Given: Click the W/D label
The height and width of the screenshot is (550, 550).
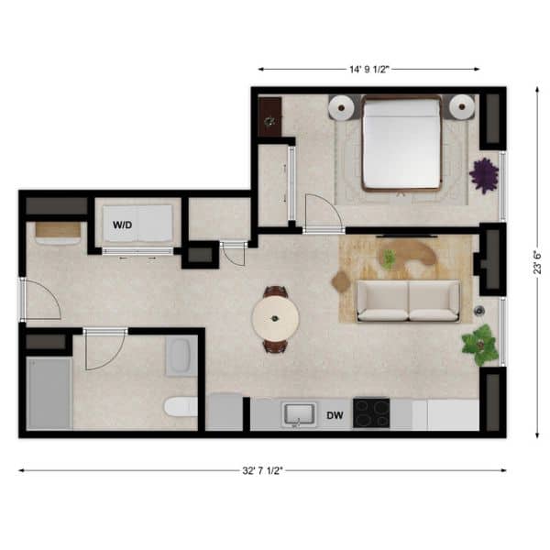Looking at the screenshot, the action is point(123,225).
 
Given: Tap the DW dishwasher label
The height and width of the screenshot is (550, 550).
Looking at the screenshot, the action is point(335,415).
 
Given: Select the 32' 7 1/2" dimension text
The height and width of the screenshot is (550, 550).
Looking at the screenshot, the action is point(262,470).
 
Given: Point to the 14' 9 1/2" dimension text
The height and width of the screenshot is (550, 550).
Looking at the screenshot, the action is point(369,69).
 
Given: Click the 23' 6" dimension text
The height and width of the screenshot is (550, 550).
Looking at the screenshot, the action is point(537,262).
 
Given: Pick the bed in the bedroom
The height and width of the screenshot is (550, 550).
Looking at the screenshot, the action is point(402,144).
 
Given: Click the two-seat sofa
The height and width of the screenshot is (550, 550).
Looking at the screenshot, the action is point(408,301).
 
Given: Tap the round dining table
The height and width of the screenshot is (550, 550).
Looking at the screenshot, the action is point(275,318).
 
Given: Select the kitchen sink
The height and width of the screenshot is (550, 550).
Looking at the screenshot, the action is point(299,414).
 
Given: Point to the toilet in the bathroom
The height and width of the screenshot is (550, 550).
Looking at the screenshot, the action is point(181,407).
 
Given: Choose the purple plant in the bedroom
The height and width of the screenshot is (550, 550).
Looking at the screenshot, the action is point(484,176).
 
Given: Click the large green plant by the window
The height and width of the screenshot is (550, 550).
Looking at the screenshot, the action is point(479,345).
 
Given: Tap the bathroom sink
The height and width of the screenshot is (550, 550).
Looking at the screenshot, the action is point(181,356).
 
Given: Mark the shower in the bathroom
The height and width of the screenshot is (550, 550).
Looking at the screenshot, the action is point(49,393).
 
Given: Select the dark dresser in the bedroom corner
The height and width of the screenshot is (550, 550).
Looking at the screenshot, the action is point(269,116).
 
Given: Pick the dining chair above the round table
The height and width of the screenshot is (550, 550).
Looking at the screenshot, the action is point(276,291).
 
